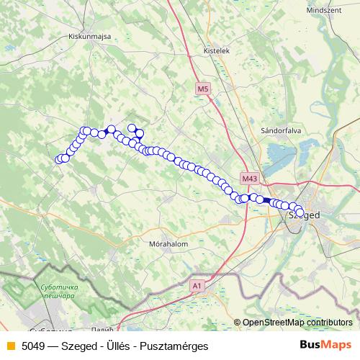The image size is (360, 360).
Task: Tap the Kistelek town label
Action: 216,52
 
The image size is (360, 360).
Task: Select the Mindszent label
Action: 323,12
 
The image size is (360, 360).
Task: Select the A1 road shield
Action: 197,286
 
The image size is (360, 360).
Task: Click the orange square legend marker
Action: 9,346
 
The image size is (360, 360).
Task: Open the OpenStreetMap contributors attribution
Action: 297,323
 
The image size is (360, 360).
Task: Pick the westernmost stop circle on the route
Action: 59,160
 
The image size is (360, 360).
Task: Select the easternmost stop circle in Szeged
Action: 300,211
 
